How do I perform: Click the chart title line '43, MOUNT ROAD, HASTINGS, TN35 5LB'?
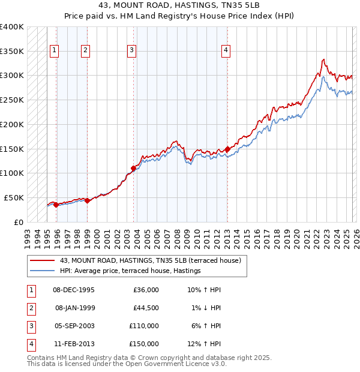click(x=179, y=6)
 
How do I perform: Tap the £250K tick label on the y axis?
click(x=12, y=100)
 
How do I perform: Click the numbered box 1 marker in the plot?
click(x=55, y=51)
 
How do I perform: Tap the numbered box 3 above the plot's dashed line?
click(x=131, y=51)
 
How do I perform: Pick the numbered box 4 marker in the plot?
click(x=226, y=51)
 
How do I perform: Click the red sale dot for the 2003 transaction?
click(x=133, y=168)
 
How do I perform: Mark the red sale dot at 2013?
click(x=227, y=149)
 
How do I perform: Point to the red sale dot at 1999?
click(x=87, y=200)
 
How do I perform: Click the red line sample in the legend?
click(x=42, y=260)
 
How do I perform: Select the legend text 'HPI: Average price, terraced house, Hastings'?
click(x=130, y=271)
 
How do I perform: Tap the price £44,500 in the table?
click(x=146, y=308)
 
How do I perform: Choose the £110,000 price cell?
click(x=144, y=326)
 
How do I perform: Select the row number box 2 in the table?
click(x=30, y=308)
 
